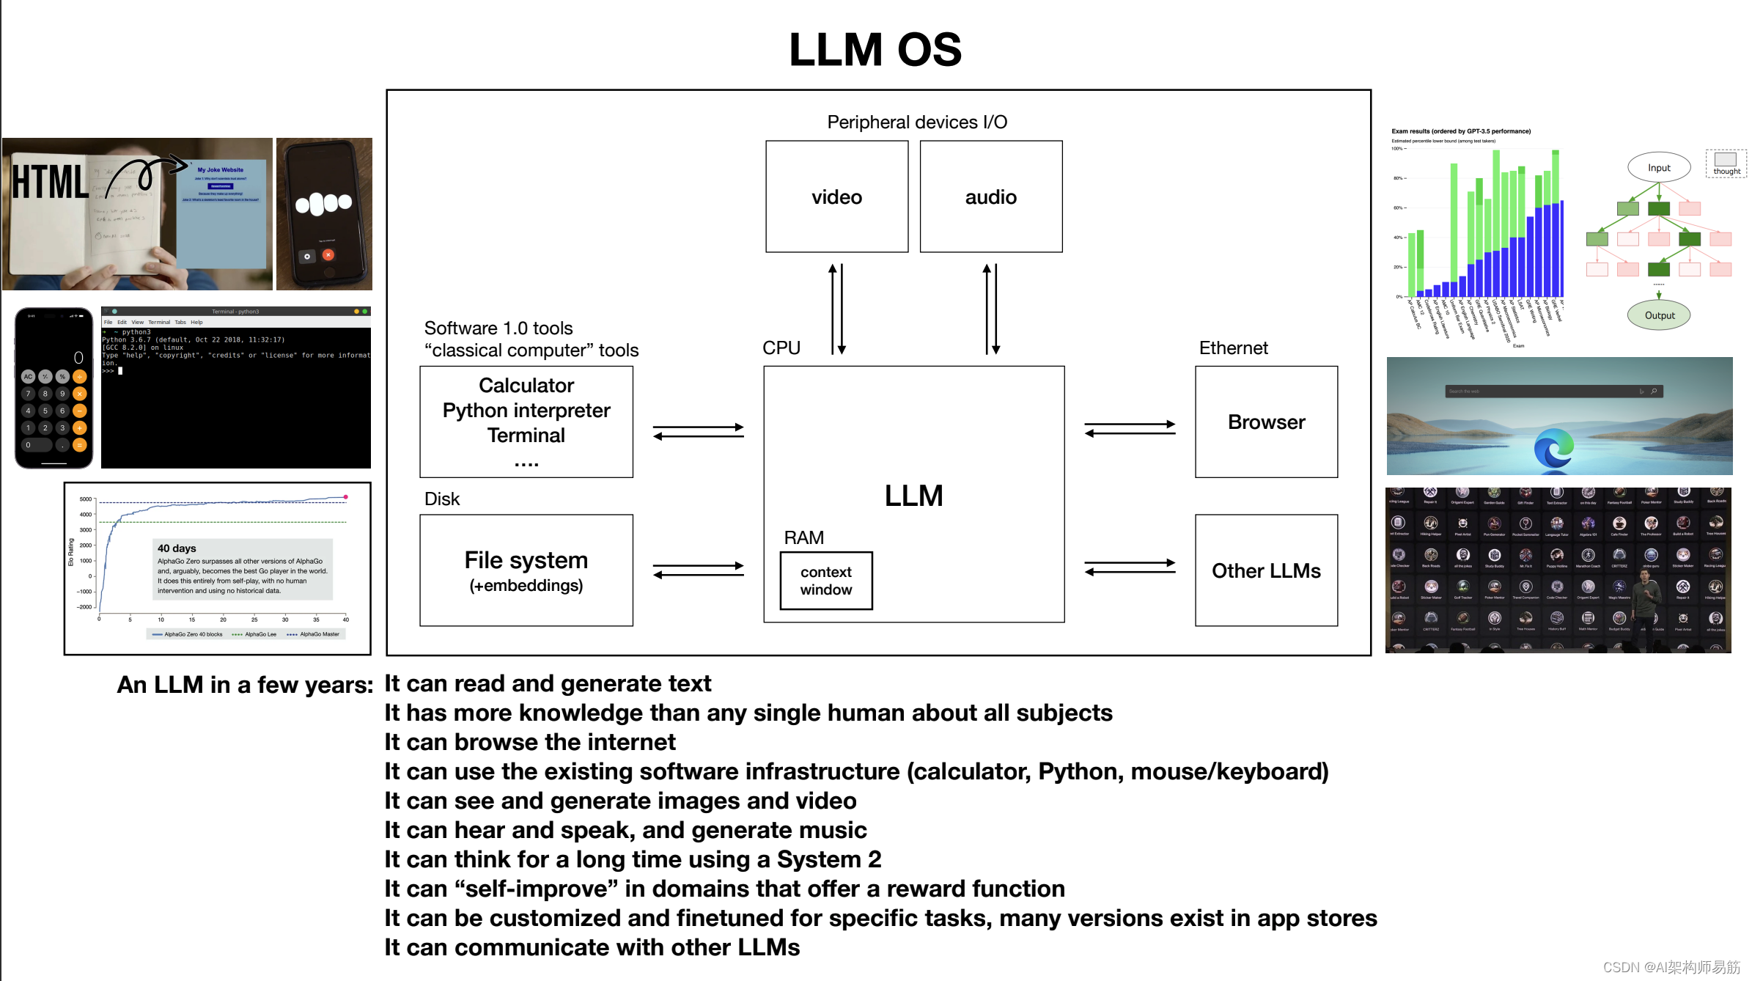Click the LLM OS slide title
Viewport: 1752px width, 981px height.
[875, 50]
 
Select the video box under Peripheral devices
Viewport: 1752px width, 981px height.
[836, 196]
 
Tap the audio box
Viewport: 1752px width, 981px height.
[990, 196]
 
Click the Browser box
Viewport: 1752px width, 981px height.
[1266, 422]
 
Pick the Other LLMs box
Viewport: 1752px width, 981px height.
[1266, 570]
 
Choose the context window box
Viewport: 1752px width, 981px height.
[826, 581]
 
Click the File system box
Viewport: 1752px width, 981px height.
[526, 570]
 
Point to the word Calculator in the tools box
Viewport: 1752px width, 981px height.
[526, 386]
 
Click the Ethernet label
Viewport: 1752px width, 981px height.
[1233, 348]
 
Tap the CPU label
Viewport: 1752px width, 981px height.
[781, 348]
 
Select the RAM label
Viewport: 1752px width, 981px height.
[803, 537]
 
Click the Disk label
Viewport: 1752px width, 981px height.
[442, 499]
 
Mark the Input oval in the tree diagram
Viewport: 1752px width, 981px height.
[1659, 168]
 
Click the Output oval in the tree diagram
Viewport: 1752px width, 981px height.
[1659, 315]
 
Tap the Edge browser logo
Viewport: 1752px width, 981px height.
[1553, 448]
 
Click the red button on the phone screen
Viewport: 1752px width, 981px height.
[328, 255]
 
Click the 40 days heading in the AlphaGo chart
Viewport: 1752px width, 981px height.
[177, 548]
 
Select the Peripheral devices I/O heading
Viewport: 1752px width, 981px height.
[917, 122]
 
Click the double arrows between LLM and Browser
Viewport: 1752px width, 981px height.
[1130, 429]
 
